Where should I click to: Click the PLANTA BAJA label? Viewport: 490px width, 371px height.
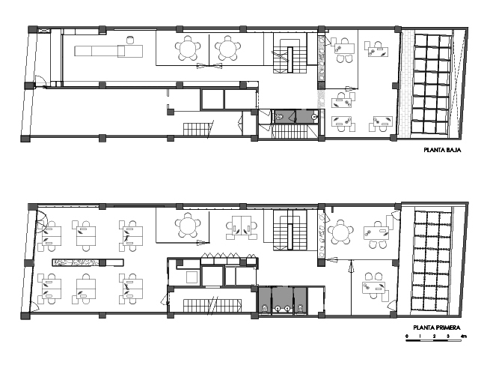click(x=442, y=150)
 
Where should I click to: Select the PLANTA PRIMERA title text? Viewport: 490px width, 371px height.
click(x=437, y=328)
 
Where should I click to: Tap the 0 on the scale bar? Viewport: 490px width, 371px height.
click(x=407, y=336)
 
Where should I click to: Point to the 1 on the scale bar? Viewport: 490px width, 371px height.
click(x=420, y=336)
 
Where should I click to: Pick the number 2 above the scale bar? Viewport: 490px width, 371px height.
click(x=434, y=336)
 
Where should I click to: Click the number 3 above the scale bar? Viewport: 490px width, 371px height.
click(x=448, y=336)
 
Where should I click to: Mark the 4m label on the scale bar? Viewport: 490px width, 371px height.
click(x=463, y=336)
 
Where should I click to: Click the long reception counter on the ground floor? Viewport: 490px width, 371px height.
click(x=108, y=51)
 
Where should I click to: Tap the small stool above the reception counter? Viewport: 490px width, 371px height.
click(x=130, y=40)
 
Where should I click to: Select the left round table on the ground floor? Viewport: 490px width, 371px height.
click(x=187, y=49)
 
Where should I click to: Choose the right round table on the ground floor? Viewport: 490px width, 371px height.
click(x=228, y=49)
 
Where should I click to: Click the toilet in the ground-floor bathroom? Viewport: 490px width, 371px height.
click(x=279, y=118)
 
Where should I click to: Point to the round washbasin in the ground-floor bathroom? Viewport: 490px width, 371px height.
click(x=314, y=117)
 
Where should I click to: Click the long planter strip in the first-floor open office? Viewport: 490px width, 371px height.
click(x=88, y=262)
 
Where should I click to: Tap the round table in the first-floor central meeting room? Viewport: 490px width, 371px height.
click(x=188, y=225)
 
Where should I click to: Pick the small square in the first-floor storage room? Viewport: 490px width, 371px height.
click(x=192, y=277)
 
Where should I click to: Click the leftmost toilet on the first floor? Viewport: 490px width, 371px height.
click(x=265, y=309)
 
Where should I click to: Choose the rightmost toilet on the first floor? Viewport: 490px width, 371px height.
click(x=300, y=309)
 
